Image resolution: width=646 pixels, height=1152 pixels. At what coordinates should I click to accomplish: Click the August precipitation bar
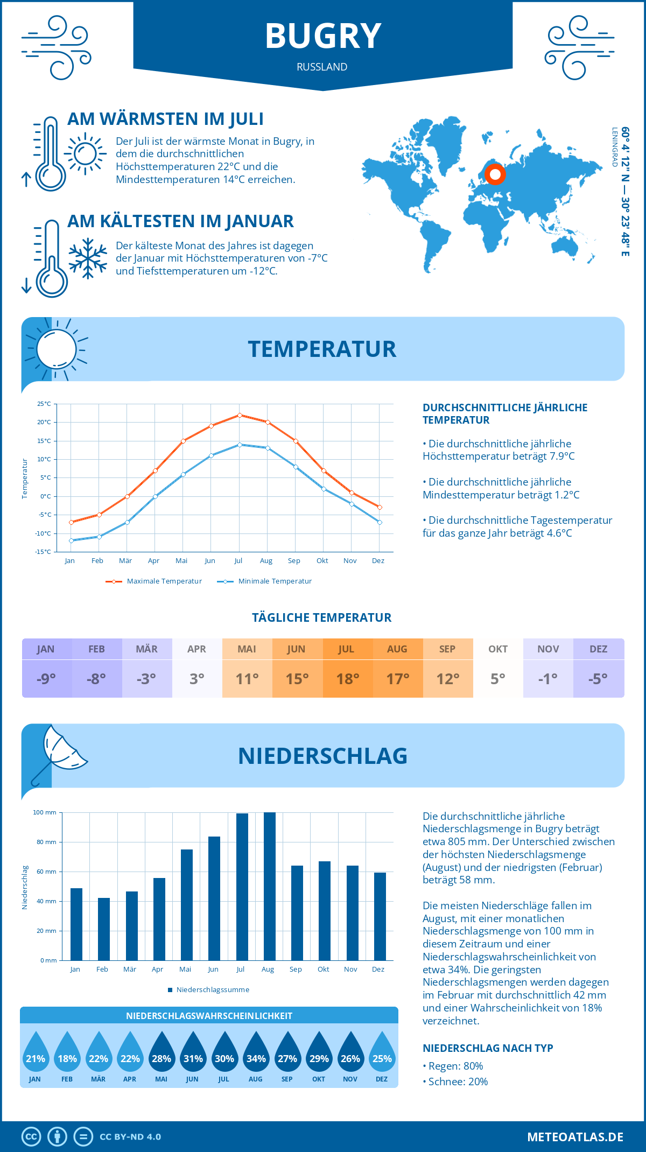270,886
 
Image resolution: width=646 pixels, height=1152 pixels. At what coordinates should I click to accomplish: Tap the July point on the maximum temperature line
240,415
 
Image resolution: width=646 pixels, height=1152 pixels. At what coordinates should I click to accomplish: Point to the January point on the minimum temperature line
71,540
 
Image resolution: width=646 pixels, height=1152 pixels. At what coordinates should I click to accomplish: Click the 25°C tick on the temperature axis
44,404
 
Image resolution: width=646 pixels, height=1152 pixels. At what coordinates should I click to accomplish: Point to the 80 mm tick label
46,842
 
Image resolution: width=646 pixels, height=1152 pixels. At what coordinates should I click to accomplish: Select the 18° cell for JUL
348,679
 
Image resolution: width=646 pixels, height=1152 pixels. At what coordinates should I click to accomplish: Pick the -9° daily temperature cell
46,679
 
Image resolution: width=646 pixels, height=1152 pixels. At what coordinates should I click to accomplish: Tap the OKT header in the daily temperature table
498,649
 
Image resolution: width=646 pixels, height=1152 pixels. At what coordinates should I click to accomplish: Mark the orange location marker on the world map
495,174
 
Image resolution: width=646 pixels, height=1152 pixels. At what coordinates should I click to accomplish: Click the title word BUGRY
323,37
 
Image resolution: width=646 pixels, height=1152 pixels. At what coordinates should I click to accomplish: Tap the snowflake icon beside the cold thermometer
88,258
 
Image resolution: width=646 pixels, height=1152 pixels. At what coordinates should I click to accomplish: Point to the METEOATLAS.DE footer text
575,1137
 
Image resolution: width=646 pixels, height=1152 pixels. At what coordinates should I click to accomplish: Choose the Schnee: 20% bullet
458,1081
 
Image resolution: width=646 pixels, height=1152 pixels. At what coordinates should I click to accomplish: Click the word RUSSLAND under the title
322,67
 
